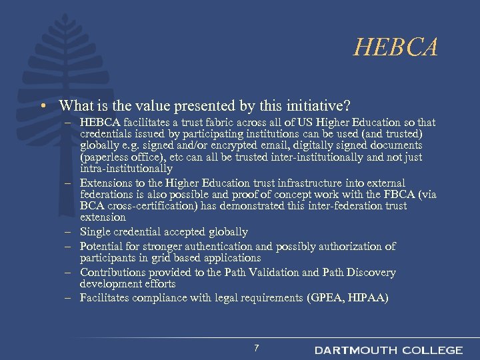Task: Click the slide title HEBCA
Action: pos(396,48)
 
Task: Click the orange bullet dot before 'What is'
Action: pos(42,105)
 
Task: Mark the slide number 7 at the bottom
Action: pos(256,347)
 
